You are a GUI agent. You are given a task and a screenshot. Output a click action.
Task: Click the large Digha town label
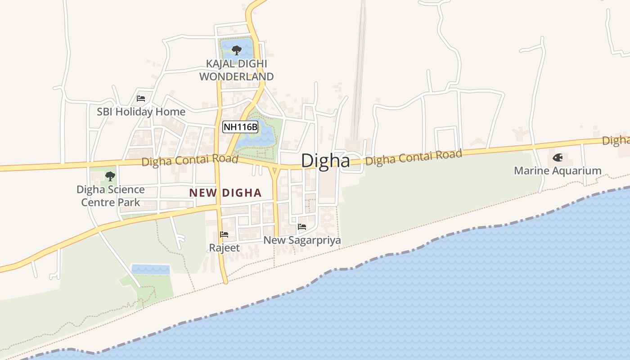(x=325, y=161)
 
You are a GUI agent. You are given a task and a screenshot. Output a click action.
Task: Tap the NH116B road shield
(x=241, y=127)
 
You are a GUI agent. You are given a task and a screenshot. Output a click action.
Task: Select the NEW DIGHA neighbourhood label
(x=225, y=193)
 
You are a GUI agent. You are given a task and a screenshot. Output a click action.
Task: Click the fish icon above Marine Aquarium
(x=558, y=158)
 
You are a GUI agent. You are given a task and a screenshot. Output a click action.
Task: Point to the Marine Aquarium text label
(x=558, y=171)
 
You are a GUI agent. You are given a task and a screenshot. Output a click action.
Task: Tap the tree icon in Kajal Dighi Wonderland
(x=236, y=50)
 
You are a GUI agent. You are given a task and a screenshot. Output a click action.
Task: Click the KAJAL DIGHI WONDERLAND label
(x=236, y=70)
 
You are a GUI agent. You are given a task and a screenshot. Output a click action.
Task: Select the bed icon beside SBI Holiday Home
(x=141, y=99)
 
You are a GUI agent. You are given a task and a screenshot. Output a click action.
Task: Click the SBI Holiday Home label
(x=141, y=112)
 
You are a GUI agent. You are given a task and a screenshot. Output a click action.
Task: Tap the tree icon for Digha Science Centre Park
(x=110, y=176)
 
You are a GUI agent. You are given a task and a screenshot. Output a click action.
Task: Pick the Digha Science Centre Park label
(x=111, y=196)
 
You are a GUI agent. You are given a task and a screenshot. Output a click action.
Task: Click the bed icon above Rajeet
(x=224, y=234)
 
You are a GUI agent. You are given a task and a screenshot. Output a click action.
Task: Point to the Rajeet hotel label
(x=224, y=248)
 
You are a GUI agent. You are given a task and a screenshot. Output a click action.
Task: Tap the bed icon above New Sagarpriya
(x=302, y=227)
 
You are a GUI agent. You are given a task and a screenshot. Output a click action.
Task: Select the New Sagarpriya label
(x=302, y=240)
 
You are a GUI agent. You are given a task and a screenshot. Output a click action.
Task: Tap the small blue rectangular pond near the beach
(x=150, y=270)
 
